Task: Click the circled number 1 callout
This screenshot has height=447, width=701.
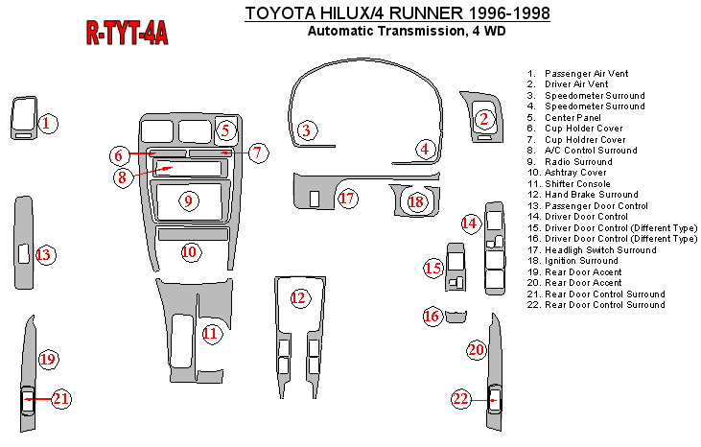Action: point(48,123)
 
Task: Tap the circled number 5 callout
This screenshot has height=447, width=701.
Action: point(225,130)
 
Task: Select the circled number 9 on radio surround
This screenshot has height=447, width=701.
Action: point(189,200)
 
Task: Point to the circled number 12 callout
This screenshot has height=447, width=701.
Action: point(299,297)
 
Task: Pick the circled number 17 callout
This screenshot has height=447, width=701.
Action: point(347,199)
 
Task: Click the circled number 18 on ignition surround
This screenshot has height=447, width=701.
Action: point(415,201)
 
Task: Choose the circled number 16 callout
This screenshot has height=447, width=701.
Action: point(432,316)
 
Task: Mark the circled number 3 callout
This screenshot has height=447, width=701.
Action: point(306,130)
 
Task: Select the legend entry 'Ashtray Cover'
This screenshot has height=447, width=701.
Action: point(573,173)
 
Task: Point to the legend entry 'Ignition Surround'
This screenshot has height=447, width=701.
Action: point(581,261)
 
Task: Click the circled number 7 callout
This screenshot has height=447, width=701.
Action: point(258,152)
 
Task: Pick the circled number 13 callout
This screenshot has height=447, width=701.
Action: point(44,254)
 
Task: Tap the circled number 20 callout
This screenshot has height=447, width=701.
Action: point(477,350)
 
